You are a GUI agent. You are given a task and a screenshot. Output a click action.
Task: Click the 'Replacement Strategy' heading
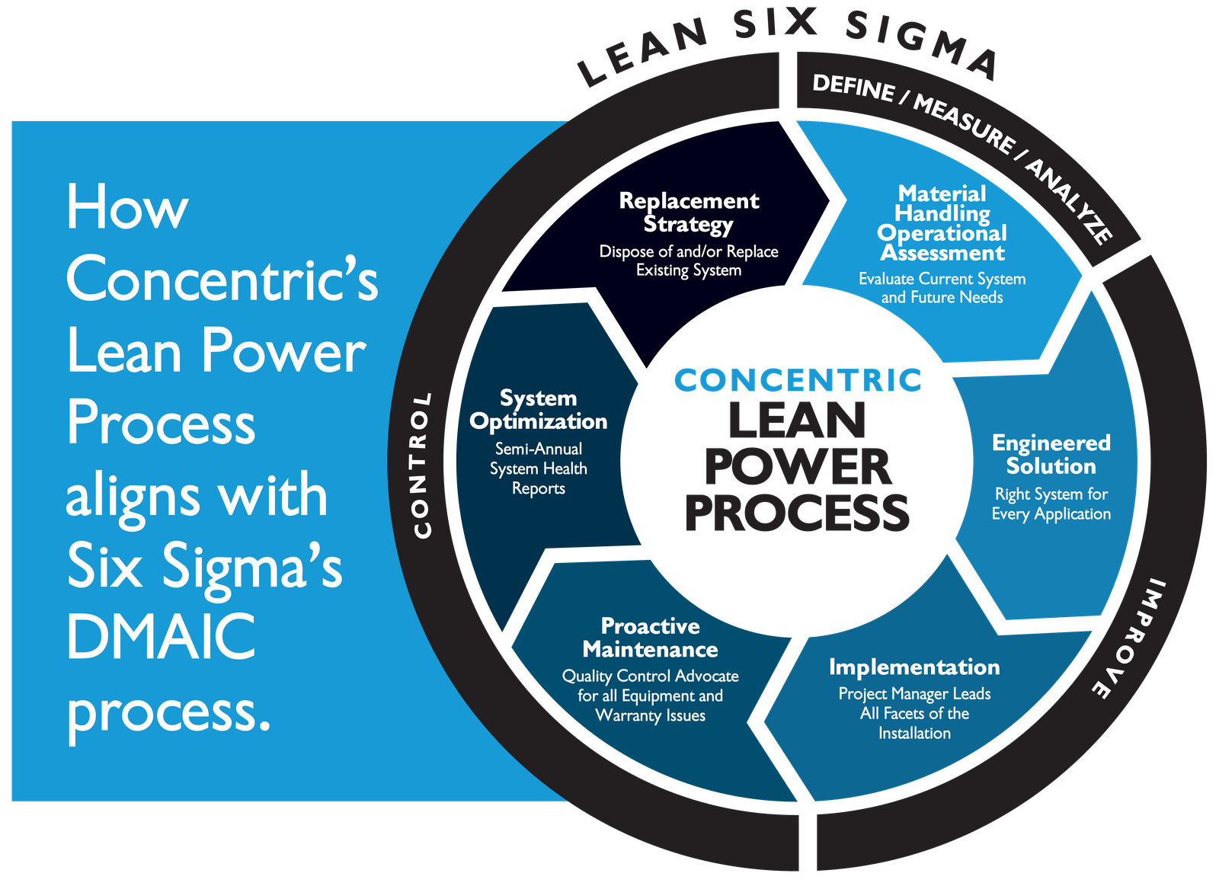point(689,213)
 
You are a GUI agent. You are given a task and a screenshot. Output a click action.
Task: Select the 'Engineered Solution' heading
point(1051,455)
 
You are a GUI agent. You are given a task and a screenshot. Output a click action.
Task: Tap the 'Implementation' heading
point(914,667)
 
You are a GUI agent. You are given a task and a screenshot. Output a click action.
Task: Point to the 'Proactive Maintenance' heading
point(651,638)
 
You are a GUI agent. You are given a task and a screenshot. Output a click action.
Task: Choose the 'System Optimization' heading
point(538,411)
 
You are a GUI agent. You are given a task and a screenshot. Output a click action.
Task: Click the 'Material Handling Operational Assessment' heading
point(942,223)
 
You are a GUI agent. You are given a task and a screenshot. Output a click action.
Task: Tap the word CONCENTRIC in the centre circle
point(798,380)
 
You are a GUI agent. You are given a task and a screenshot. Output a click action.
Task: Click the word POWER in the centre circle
point(798,467)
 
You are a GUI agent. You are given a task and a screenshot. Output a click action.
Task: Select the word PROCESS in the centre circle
point(797,513)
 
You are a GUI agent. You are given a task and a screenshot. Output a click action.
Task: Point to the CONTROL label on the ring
point(422,465)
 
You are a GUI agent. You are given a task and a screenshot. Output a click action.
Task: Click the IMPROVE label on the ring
point(1129,638)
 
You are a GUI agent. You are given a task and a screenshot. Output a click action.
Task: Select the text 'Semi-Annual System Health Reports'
point(538,469)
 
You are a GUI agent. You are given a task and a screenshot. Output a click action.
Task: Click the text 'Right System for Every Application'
point(1051,504)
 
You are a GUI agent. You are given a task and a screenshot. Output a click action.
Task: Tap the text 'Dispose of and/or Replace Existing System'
point(689,261)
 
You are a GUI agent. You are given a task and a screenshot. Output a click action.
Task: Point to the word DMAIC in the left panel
point(161,635)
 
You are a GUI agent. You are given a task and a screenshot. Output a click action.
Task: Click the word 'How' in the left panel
point(127,206)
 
